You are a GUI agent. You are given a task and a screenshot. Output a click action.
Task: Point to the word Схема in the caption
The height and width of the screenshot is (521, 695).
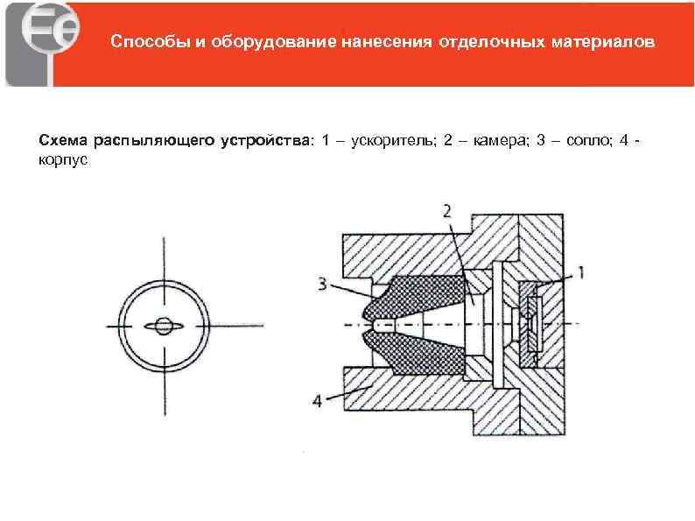[x=64, y=140]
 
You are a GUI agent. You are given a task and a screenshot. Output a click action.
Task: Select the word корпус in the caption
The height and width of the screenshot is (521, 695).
[x=63, y=162]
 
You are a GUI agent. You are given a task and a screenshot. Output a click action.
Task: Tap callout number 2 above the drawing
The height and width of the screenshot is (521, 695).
[x=447, y=210]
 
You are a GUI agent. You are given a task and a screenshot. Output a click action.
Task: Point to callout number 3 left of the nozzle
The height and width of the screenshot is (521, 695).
[x=322, y=283]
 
